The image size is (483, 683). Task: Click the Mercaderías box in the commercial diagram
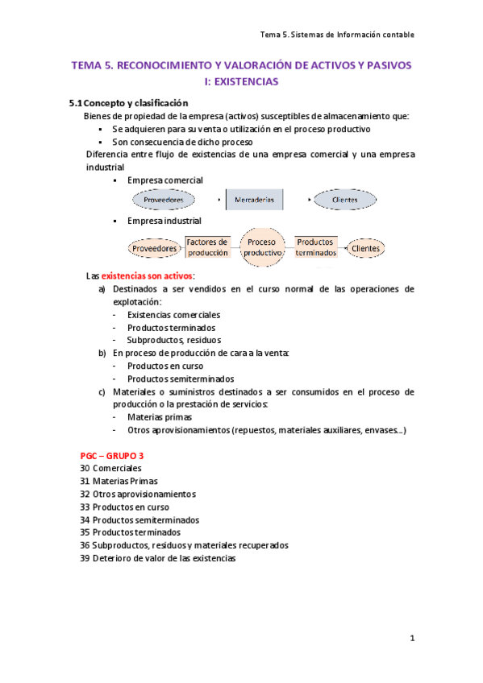coord(254,199)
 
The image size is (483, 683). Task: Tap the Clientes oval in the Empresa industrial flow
coord(365,249)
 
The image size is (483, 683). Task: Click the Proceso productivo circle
coord(263,247)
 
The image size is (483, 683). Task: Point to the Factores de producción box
coord(207,246)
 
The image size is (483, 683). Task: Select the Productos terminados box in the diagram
coord(315,246)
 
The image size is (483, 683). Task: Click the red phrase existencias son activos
coord(147,275)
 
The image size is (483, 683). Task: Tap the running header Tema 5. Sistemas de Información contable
coord(338,35)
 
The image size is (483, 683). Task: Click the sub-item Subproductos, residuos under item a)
coord(173,340)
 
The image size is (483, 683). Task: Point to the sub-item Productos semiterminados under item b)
coord(181,379)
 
